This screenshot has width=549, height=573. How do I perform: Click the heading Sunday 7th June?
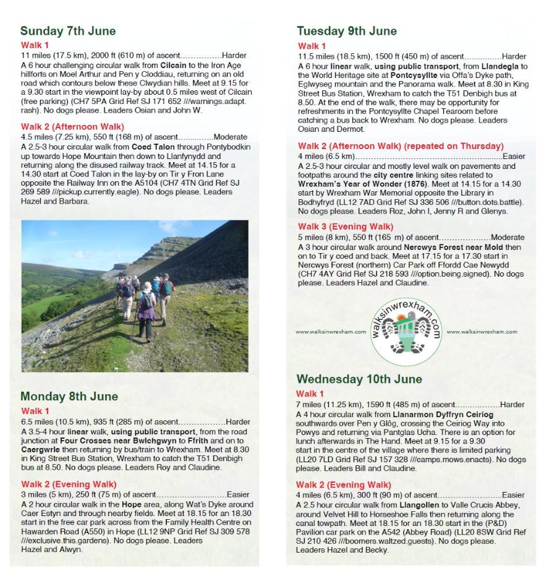(67, 31)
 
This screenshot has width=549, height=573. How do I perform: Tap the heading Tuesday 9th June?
(346, 31)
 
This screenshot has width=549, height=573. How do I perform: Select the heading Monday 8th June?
(69, 396)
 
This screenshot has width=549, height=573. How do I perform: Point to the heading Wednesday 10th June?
(359, 379)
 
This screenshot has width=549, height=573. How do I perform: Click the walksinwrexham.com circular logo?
(406, 330)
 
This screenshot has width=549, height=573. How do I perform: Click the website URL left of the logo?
(331, 332)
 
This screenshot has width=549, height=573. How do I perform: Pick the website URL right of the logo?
(482, 332)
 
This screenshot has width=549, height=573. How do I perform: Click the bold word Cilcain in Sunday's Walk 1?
(173, 65)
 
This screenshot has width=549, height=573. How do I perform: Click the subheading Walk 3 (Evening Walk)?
(345, 226)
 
